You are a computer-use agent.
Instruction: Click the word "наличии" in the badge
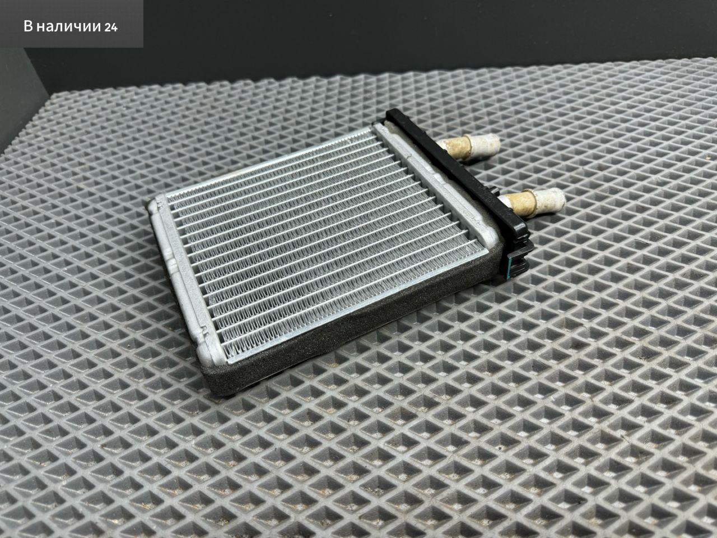click(x=68, y=27)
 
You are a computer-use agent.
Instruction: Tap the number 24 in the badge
click(x=111, y=27)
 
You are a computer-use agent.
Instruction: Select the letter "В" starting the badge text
click(x=29, y=26)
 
